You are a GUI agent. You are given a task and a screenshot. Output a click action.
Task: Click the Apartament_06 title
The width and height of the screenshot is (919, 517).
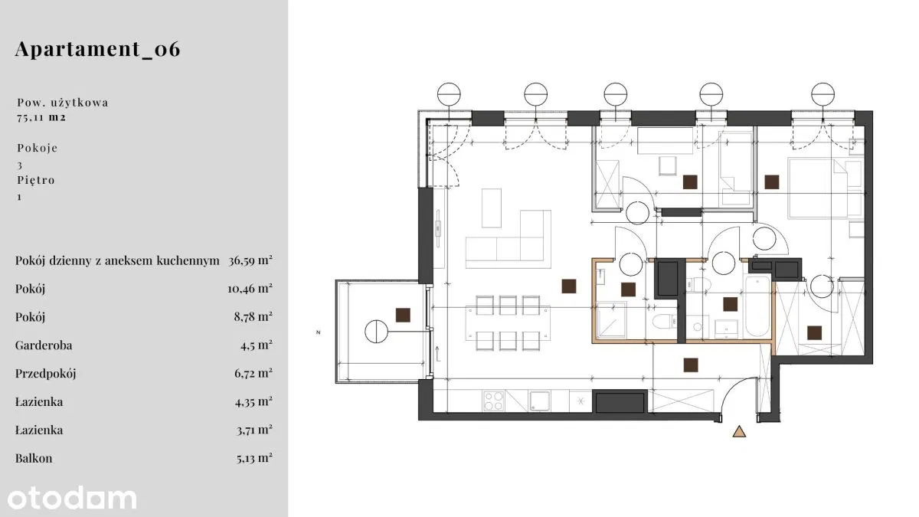(x=98, y=49)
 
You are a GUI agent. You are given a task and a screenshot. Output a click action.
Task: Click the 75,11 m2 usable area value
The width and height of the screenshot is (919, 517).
(x=41, y=117)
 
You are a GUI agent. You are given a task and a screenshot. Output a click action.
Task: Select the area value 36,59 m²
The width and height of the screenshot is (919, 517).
(x=250, y=260)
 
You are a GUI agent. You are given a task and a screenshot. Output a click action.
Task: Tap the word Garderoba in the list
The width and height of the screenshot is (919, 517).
(x=44, y=345)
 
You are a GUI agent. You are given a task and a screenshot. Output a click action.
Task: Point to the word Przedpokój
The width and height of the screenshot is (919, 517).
(x=45, y=374)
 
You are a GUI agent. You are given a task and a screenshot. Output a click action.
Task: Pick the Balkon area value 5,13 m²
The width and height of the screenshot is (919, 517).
(x=254, y=458)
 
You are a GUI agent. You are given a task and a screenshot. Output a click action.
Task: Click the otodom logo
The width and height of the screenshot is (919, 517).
(x=72, y=498)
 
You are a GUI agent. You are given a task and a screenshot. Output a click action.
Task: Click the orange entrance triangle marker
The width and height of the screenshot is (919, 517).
(x=739, y=431)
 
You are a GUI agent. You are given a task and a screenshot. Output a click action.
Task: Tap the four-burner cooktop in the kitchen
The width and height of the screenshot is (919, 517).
(x=493, y=401)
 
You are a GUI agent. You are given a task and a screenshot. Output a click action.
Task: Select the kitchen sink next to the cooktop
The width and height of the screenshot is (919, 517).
(x=539, y=401)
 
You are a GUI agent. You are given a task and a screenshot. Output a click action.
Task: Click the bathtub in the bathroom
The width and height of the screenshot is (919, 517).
(x=757, y=306)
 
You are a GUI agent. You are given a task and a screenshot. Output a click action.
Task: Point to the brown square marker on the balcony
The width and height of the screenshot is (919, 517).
(x=403, y=315)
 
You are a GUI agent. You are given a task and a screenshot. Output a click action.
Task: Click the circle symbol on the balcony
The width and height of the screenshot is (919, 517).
(x=376, y=332)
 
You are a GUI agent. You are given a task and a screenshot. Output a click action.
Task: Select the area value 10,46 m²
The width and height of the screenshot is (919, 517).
(x=250, y=289)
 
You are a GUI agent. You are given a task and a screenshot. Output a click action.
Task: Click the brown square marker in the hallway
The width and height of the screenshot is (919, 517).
(x=691, y=365)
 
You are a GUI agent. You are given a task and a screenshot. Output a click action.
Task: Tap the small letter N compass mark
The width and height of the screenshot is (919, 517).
(x=319, y=332)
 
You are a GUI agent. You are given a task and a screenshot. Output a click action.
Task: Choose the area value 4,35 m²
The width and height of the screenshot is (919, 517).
(x=253, y=401)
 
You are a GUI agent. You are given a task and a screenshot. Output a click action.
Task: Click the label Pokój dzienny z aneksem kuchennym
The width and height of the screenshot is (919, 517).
(x=117, y=260)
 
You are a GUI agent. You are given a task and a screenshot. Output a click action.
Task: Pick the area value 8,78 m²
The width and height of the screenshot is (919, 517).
(x=253, y=317)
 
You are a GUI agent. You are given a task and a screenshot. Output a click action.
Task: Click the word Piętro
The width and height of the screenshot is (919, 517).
(x=36, y=180)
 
